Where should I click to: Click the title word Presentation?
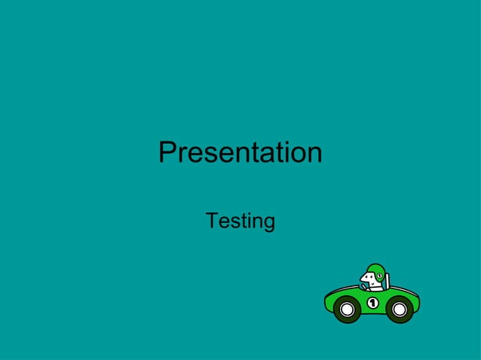click(240, 153)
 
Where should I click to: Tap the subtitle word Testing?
click(240, 221)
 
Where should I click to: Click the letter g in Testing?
click(268, 224)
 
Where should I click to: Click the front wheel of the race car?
click(347, 309)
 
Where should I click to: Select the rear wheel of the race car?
click(400, 309)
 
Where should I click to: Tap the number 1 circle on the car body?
click(372, 303)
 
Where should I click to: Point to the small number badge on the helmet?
click(380, 276)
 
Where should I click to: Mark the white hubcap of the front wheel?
click(347, 309)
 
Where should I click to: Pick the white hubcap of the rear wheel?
click(400, 309)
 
